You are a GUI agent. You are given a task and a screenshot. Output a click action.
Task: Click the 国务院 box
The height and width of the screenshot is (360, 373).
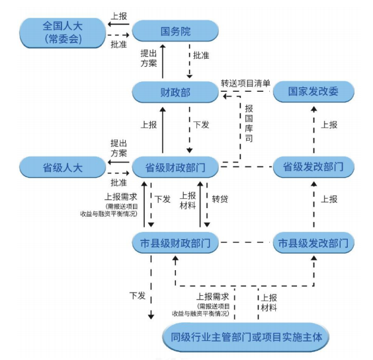tap(175, 31)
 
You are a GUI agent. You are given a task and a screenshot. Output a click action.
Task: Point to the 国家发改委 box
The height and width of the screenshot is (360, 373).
tap(313, 92)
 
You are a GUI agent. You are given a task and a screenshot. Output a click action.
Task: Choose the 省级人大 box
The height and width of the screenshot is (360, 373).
tap(62, 166)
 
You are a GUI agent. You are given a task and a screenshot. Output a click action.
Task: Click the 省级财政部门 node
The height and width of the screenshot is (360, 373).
tap(175, 166)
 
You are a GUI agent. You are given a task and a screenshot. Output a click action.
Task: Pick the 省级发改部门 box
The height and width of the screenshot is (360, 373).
tap(313, 166)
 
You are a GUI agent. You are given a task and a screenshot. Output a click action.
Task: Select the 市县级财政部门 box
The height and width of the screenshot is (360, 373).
tap(175, 243)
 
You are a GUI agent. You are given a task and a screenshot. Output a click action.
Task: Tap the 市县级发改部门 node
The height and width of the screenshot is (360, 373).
tap(313, 243)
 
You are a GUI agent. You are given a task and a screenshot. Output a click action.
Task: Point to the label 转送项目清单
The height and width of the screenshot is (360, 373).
tap(246, 84)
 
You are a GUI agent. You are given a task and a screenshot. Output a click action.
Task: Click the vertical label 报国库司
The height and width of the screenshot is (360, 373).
tap(249, 124)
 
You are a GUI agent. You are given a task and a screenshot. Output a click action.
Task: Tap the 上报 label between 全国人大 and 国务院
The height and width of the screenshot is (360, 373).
tap(120, 16)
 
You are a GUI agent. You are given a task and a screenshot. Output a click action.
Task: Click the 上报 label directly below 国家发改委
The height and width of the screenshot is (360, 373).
tap(329, 124)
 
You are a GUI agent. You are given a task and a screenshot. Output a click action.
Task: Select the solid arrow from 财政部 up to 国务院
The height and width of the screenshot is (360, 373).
tap(163, 62)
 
